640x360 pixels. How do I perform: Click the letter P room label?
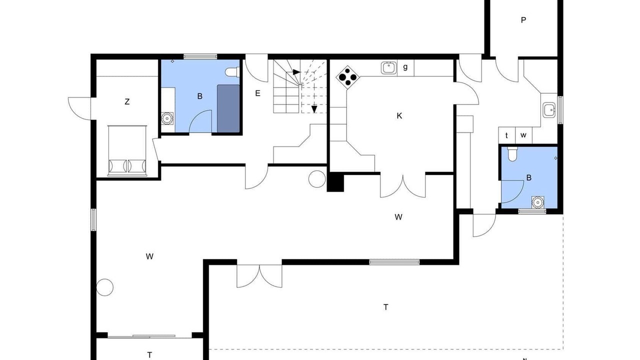tap(523, 20)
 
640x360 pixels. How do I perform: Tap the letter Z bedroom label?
tap(127, 101)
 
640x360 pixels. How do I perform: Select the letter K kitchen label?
tap(399, 115)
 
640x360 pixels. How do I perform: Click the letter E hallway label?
tap(257, 93)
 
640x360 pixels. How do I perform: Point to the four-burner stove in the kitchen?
tap(347, 77)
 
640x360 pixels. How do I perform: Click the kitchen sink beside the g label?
tap(389, 68)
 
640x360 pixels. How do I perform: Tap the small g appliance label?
tap(405, 67)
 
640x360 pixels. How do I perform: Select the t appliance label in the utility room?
tap(506, 135)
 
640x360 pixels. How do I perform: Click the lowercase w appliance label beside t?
tap(523, 135)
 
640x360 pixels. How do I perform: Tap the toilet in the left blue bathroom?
tap(232, 72)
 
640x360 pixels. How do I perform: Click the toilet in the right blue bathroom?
tap(512, 154)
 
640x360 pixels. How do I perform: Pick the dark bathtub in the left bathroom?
tap(228, 108)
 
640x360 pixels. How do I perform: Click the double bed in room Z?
tap(127, 150)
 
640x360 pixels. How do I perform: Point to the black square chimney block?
tap(335, 182)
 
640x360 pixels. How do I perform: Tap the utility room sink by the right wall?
tap(549, 110)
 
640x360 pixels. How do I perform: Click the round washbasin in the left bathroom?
tap(167, 118)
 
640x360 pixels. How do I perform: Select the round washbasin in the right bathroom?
tap(538, 202)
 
